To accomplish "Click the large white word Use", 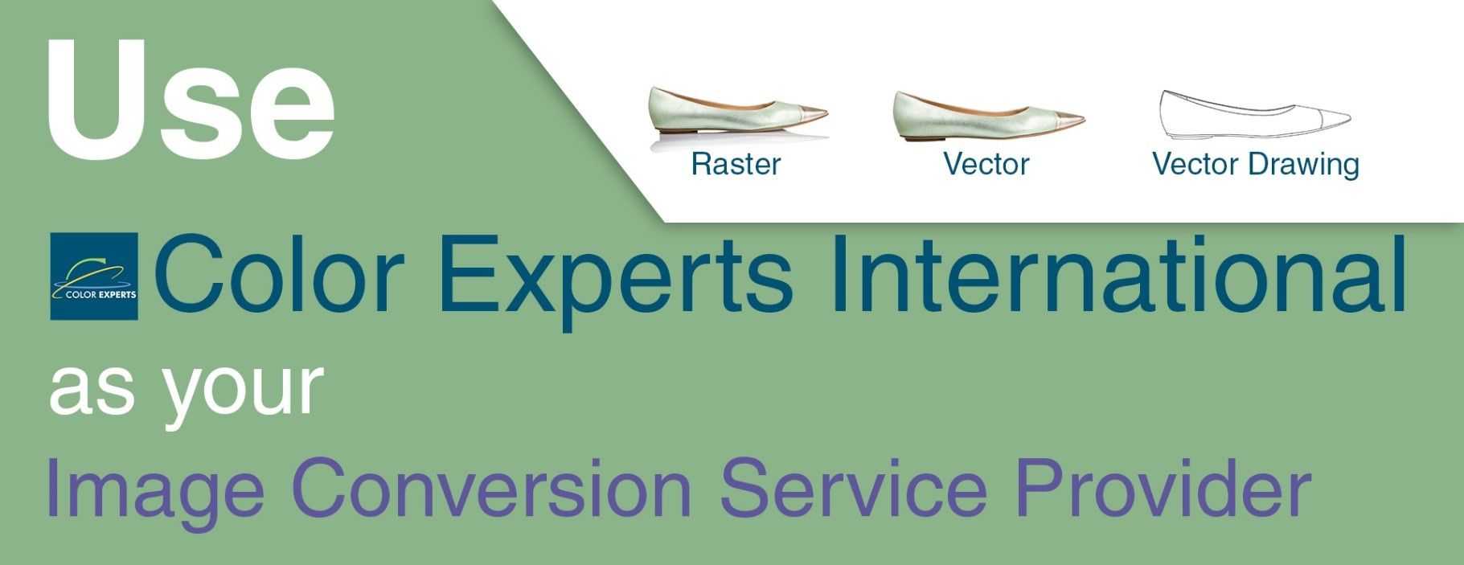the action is tap(191, 98).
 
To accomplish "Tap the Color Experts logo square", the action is tap(94, 276).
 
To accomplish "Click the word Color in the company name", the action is tap(278, 275).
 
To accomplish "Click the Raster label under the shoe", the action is tap(736, 164).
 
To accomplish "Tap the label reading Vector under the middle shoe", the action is tap(986, 164).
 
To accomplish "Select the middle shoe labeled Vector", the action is tap(988, 115).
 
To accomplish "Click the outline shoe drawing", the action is tap(1255, 113).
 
